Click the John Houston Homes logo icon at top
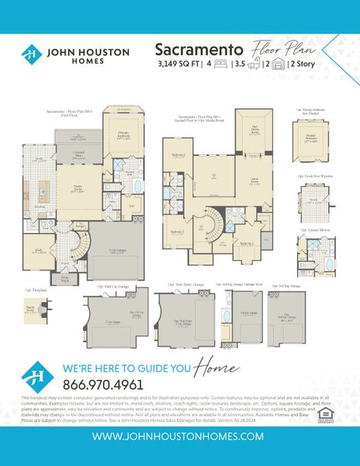(x=31, y=54)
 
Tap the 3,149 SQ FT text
(x=178, y=64)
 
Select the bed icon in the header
(x=223, y=64)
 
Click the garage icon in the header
(x=275, y=64)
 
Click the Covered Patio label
(x=78, y=155)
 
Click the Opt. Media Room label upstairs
(x=253, y=128)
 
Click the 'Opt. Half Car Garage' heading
(x=112, y=287)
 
